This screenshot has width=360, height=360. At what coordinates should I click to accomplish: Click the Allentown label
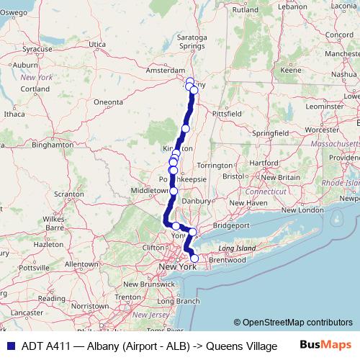(x=81, y=264)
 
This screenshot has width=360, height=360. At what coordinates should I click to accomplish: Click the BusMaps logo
(x=323, y=346)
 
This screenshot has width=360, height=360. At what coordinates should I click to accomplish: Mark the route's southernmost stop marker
(x=194, y=258)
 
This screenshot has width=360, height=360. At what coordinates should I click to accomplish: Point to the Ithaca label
(x=14, y=113)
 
